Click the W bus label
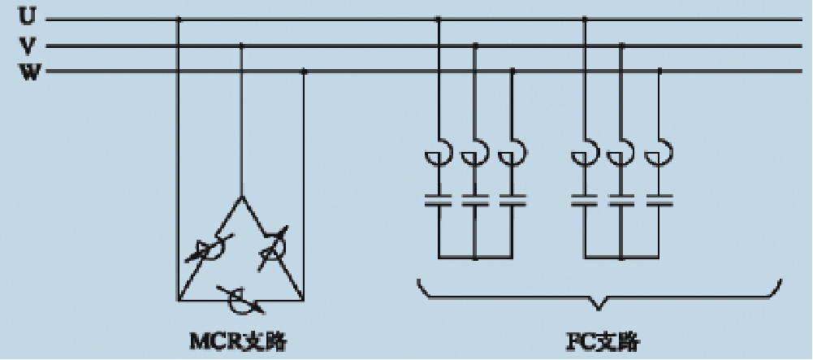(x=28, y=72)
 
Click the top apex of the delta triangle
(x=241, y=196)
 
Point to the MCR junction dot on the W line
(x=304, y=72)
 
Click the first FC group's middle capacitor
(x=476, y=200)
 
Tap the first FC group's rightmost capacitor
(x=512, y=200)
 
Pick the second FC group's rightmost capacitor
(x=659, y=200)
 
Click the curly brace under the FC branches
(x=599, y=297)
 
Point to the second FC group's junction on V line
(x=622, y=46)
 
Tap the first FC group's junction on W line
(x=512, y=72)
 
